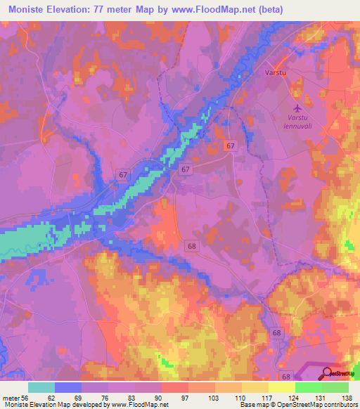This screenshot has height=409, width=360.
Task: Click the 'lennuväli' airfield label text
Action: [x=298, y=126]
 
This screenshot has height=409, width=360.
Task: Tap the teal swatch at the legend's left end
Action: [x=41, y=387]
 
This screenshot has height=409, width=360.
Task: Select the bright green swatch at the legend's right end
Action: [x=335, y=387]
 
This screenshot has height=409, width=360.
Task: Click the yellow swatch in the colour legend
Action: [x=282, y=387]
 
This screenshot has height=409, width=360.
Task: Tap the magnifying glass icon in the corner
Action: [x=327, y=372]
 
